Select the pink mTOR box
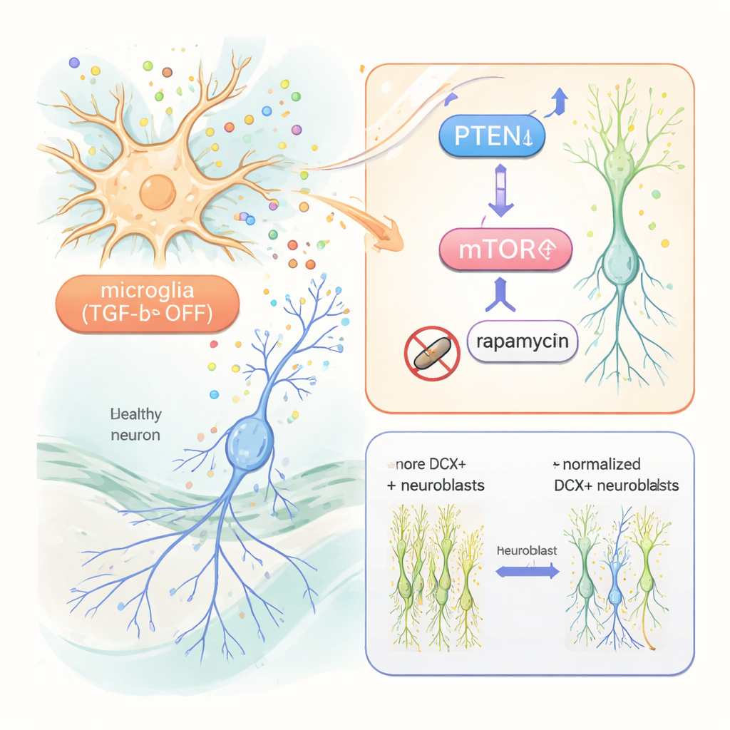(x=506, y=250)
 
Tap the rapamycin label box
(x=523, y=341)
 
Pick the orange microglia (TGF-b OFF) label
(x=148, y=302)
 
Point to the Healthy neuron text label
(x=136, y=424)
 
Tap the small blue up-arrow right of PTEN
(x=559, y=102)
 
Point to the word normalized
(x=600, y=465)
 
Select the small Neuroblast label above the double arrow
(x=527, y=551)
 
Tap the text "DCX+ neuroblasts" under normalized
(x=616, y=485)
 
